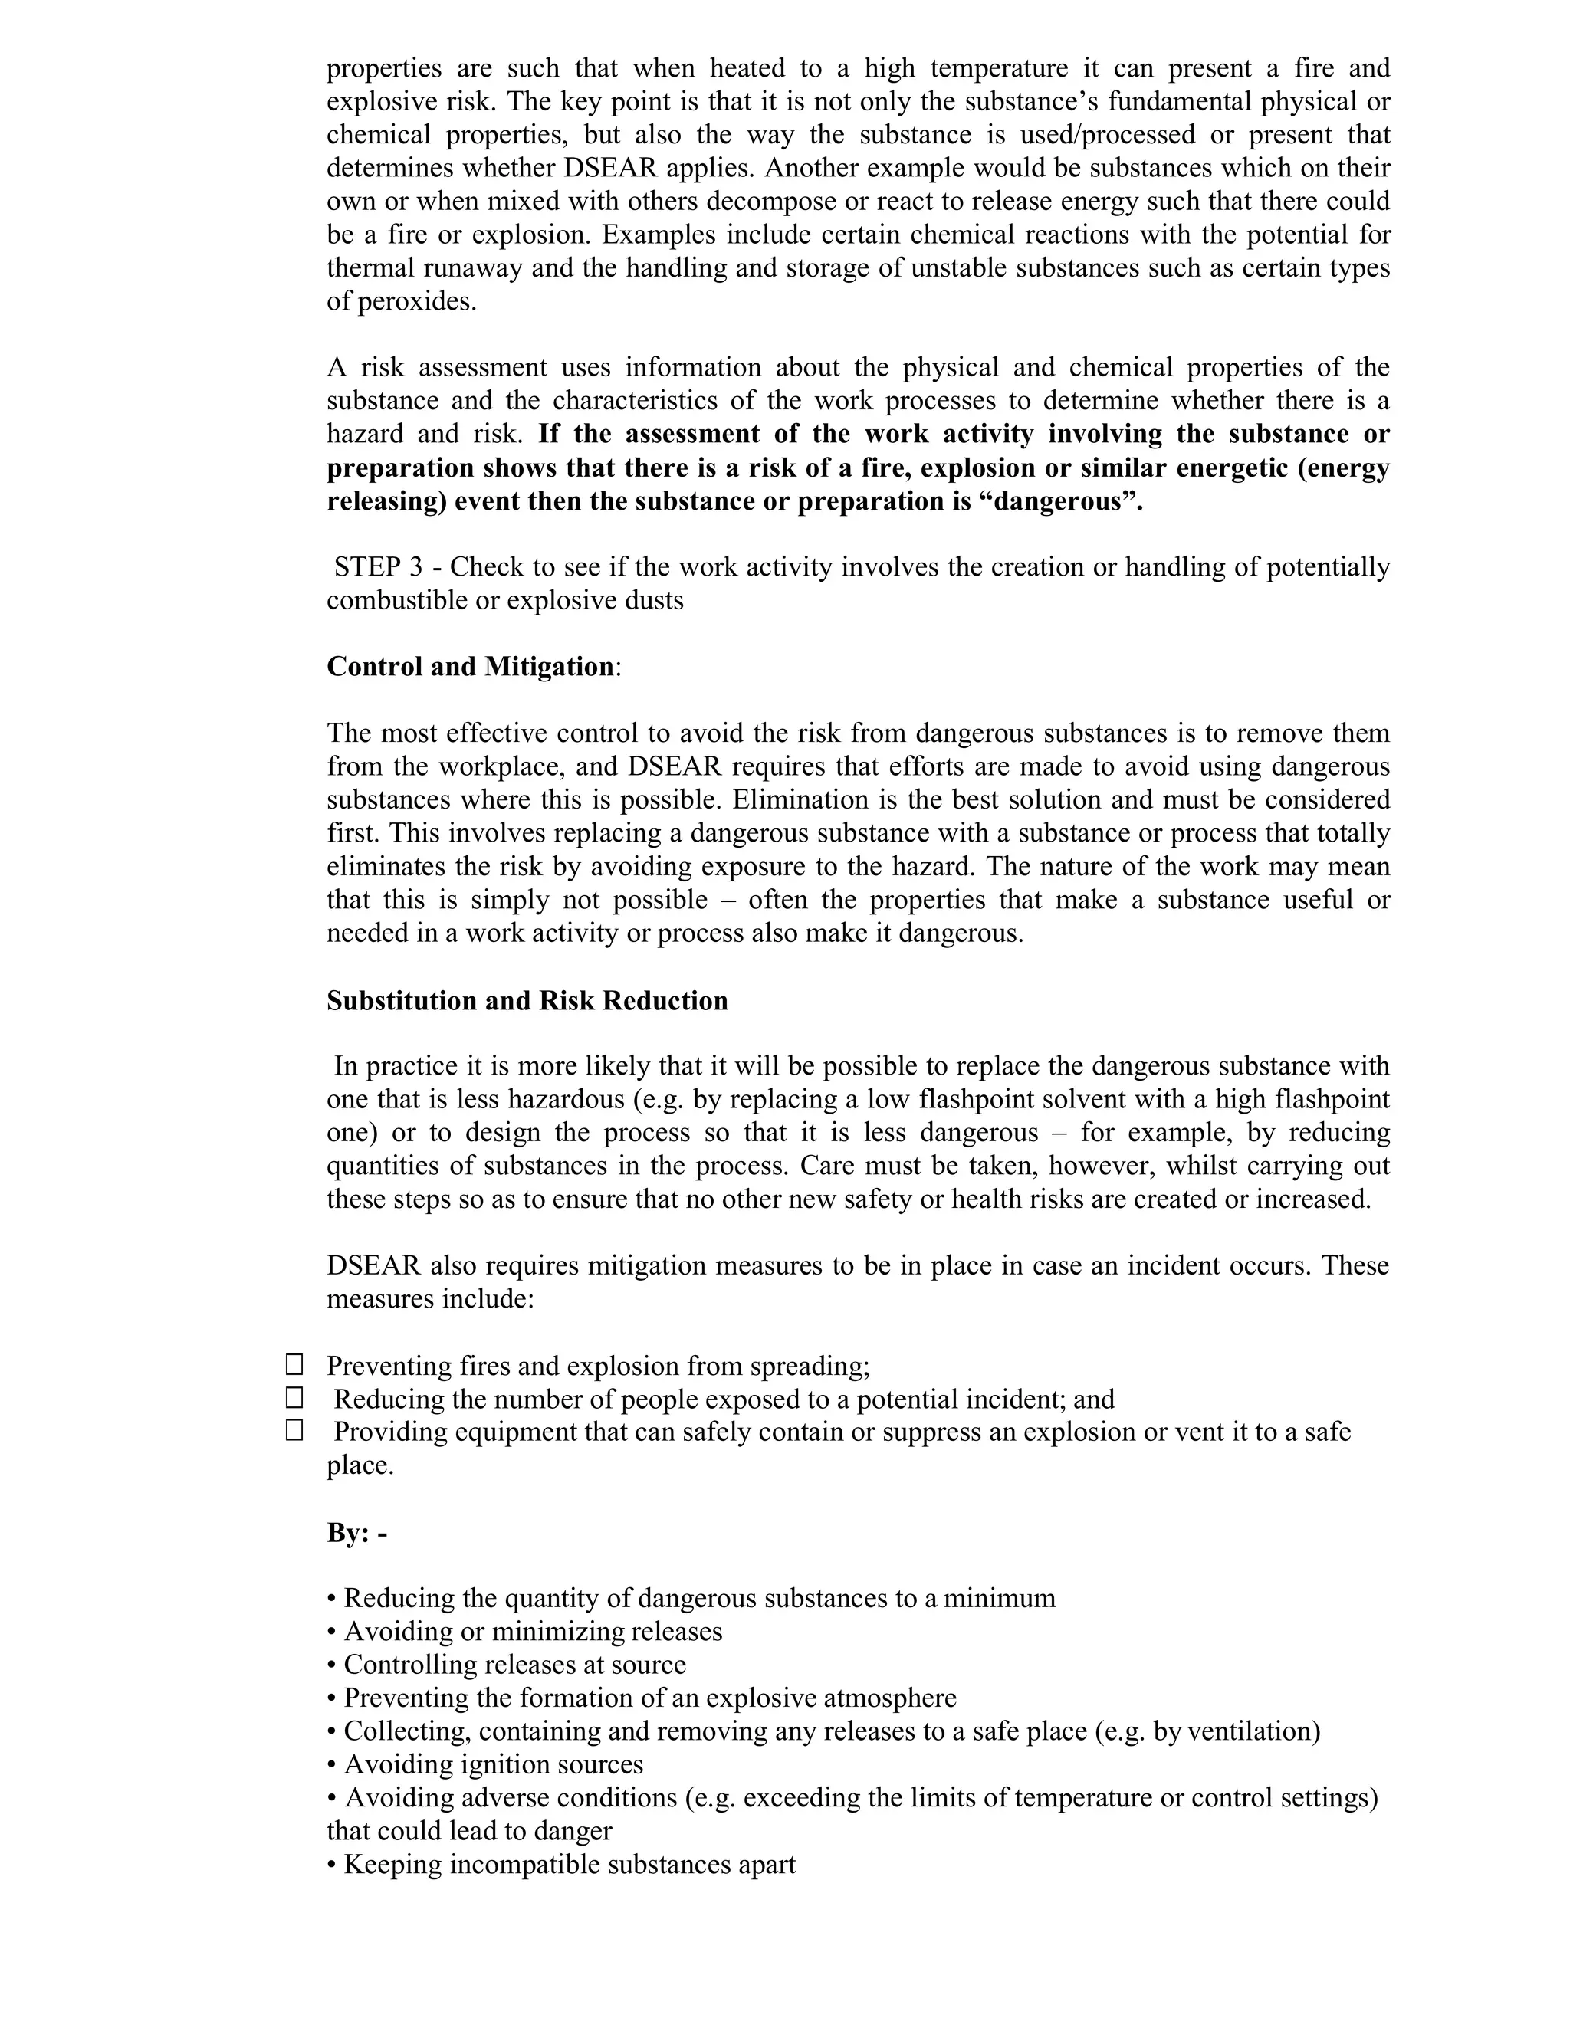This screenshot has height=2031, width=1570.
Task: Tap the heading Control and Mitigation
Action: (x=470, y=667)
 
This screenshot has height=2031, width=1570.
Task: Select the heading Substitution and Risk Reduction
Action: (x=527, y=1001)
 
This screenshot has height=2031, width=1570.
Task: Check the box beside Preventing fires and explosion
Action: (x=294, y=1364)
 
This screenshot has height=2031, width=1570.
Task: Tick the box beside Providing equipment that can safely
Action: (x=294, y=1430)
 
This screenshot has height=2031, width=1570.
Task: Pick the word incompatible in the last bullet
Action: (x=521, y=1864)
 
